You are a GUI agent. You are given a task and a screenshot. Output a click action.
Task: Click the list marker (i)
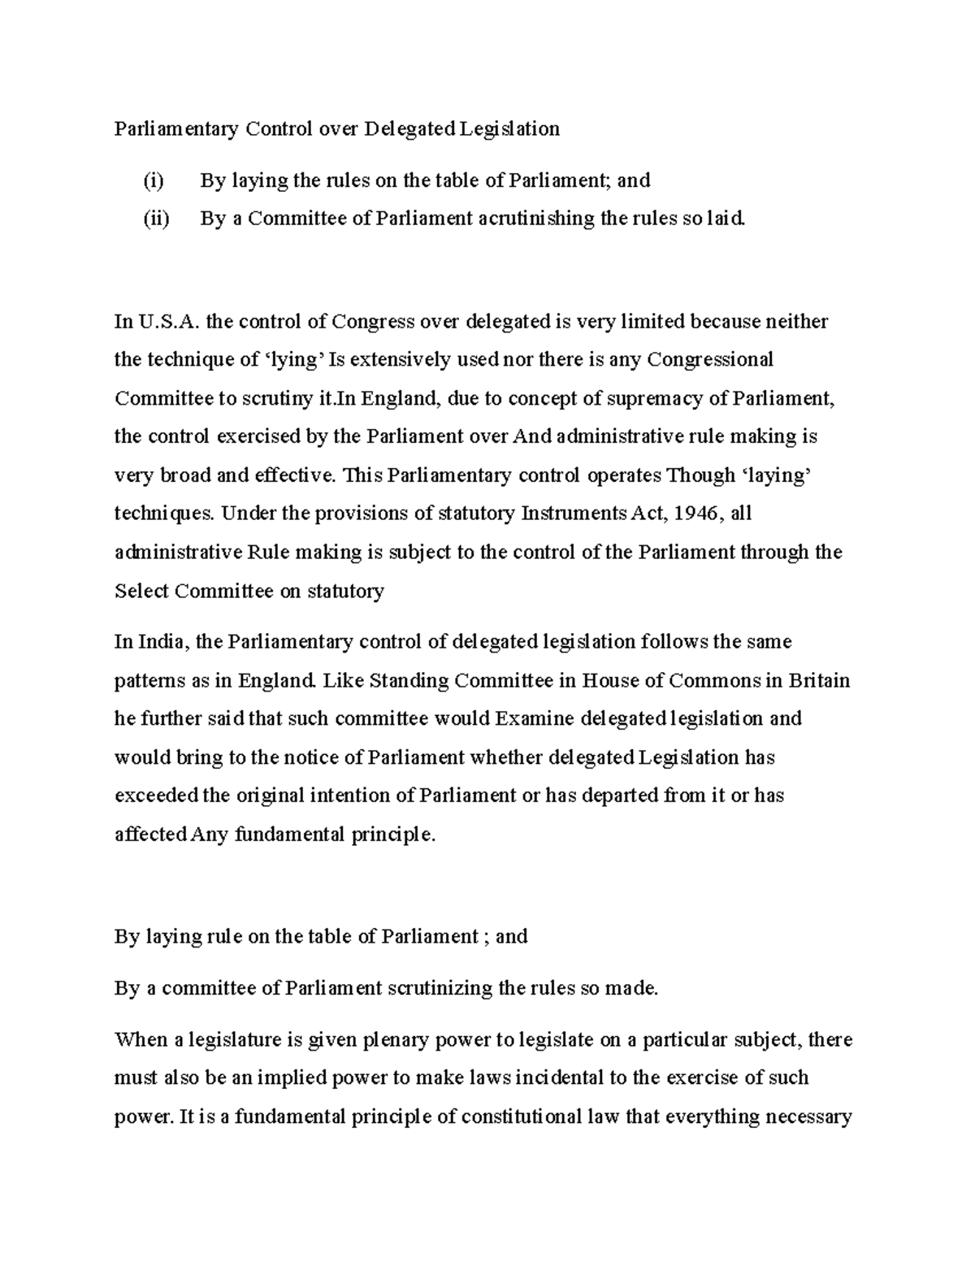153,180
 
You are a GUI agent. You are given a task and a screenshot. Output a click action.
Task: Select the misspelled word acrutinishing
536,219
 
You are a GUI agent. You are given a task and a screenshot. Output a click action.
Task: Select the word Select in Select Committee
141,591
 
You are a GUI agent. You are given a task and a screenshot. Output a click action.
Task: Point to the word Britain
819,680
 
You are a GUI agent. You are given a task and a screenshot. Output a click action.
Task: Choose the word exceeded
155,796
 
